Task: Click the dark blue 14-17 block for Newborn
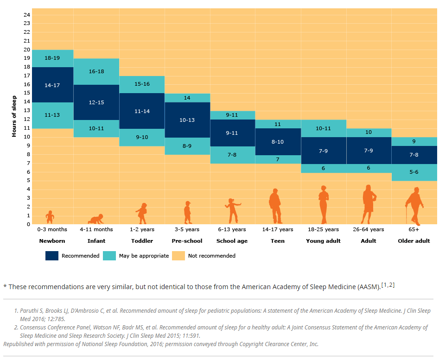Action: coord(52,85)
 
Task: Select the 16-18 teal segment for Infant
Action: coord(96,71)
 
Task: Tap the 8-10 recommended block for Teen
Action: coord(277,142)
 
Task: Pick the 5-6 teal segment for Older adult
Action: coord(414,172)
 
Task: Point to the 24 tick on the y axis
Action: coord(27,14)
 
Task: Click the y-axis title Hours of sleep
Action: coord(14,116)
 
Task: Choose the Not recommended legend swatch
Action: coord(178,256)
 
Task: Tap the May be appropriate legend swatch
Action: coord(109,256)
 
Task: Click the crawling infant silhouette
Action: coord(96,219)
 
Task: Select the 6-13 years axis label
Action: coord(232,229)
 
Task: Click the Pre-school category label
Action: coord(187,241)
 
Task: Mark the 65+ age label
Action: coord(414,229)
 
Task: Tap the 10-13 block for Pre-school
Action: coord(187,120)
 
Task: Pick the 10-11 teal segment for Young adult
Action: coord(323,128)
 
